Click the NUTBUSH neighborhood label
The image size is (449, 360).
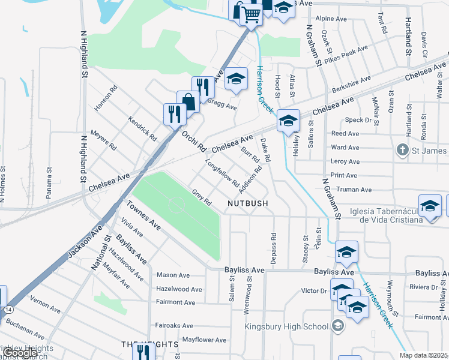(x=248, y=204)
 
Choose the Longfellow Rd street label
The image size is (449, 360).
(x=222, y=173)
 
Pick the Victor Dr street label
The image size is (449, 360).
(x=313, y=291)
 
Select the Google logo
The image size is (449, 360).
(x=20, y=353)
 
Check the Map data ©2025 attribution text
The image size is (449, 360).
(x=424, y=356)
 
